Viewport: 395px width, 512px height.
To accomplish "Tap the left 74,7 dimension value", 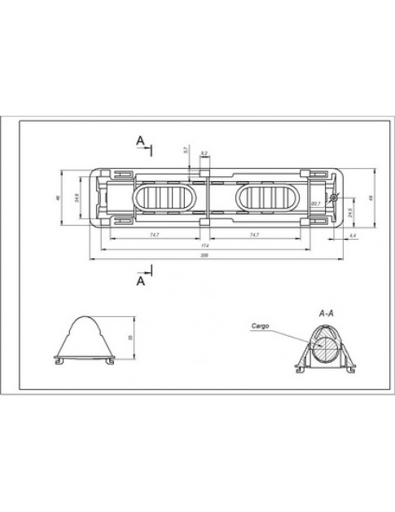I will [x=154, y=235].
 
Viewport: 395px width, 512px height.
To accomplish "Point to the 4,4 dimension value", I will [x=352, y=235].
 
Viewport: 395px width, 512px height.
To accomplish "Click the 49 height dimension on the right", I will [x=371, y=198].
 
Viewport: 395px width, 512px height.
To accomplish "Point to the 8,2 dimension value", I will [x=204, y=152].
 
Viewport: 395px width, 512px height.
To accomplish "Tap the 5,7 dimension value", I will [x=187, y=151].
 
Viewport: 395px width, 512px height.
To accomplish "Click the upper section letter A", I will [x=141, y=141].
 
